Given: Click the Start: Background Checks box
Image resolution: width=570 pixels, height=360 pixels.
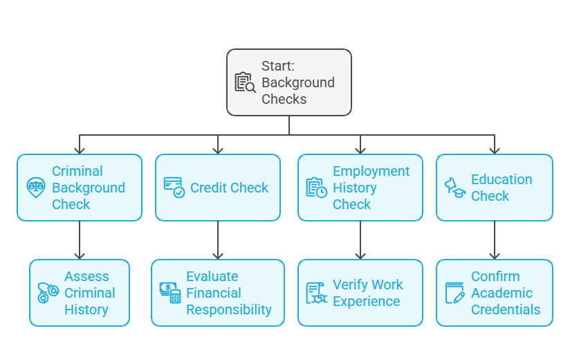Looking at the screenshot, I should click(x=289, y=82).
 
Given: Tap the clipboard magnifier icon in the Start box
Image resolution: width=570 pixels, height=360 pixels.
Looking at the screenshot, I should click(x=245, y=82).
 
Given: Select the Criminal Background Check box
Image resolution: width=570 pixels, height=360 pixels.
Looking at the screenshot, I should click(x=80, y=188).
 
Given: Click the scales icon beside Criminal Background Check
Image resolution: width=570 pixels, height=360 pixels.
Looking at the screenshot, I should click(x=36, y=188).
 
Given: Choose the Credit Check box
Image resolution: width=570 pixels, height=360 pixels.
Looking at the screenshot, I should click(x=217, y=188).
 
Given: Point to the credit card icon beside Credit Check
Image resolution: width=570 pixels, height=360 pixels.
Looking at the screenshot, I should click(x=174, y=188).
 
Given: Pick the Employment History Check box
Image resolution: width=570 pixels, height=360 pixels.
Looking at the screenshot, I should click(x=360, y=188).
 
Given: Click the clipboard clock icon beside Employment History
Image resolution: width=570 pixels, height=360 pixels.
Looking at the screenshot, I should click(x=316, y=188).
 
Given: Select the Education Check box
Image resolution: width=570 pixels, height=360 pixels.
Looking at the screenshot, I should click(x=494, y=188).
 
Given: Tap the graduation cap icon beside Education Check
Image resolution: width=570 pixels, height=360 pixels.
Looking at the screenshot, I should click(x=454, y=188).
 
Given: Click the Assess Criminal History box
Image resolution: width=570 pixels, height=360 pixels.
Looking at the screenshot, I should click(x=80, y=293).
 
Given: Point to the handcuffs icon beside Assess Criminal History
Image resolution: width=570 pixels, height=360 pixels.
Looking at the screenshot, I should click(x=48, y=293).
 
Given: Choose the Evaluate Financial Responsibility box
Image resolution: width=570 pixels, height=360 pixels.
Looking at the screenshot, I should click(x=217, y=293).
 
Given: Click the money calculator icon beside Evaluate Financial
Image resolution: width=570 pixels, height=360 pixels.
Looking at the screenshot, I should click(x=170, y=293).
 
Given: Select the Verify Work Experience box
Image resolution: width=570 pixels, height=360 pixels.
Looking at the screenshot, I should click(x=360, y=293).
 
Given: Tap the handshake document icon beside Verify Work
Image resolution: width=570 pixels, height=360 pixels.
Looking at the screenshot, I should click(x=316, y=293).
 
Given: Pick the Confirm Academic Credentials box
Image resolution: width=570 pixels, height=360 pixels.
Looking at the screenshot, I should click(x=494, y=293).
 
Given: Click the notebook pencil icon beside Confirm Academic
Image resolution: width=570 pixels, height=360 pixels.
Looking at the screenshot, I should click(x=454, y=293).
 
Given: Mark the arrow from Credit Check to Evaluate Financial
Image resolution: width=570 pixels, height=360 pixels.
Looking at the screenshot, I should click(x=218, y=240).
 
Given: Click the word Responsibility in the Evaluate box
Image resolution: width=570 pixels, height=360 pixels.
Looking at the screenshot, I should click(x=229, y=309).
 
